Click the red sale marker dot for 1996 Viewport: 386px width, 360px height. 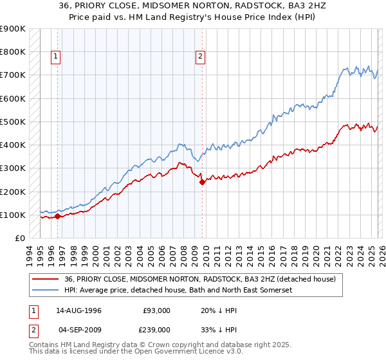click(x=57, y=216)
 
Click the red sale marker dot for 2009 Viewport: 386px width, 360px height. click(x=202, y=182)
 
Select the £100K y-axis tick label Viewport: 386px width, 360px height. click(x=13, y=215)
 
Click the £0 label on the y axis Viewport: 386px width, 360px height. click(x=19, y=238)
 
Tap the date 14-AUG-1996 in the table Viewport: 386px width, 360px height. click(x=78, y=310)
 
